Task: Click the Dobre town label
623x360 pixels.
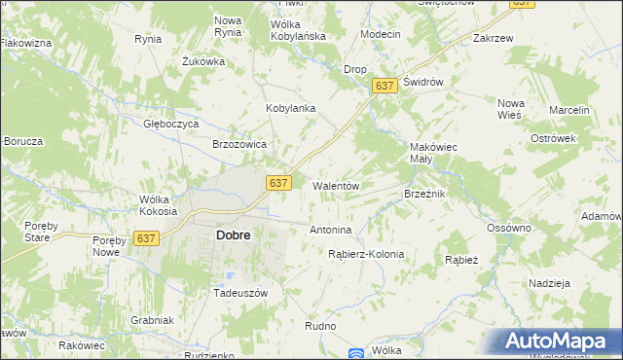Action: point(233,235)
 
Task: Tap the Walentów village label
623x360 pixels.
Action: point(337,186)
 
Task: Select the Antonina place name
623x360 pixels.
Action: point(329,231)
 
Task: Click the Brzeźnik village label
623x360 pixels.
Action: point(424,195)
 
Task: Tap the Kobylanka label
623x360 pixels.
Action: point(291,108)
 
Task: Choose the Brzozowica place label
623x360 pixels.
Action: point(239,144)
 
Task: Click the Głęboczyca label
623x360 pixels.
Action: point(170,125)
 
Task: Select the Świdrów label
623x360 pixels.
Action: point(423,83)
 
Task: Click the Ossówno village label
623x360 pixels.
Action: point(508,228)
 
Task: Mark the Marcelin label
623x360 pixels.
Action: point(569,111)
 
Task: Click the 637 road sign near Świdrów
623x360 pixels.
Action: point(385,87)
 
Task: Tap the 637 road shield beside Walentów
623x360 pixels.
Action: point(278,183)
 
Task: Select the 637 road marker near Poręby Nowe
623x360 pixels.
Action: point(146,238)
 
